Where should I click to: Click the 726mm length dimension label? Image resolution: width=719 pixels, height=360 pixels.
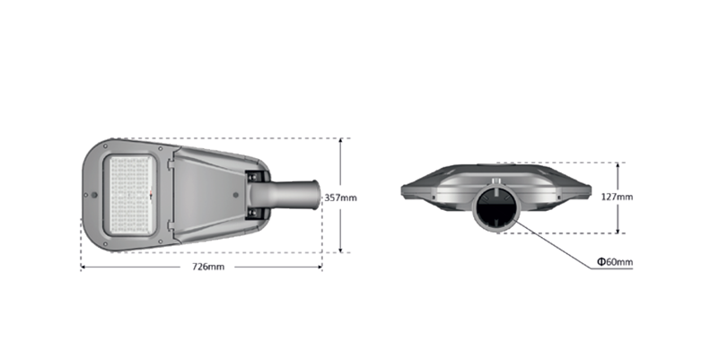click(208, 267)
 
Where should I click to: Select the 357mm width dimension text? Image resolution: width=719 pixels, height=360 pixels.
click(341, 198)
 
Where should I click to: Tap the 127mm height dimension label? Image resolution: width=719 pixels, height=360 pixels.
click(617, 197)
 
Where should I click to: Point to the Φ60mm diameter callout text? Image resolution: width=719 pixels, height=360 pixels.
click(615, 262)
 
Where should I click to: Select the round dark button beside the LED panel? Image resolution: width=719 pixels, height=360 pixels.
click(94, 195)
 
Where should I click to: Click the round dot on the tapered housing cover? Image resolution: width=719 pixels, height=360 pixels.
click(236, 195)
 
